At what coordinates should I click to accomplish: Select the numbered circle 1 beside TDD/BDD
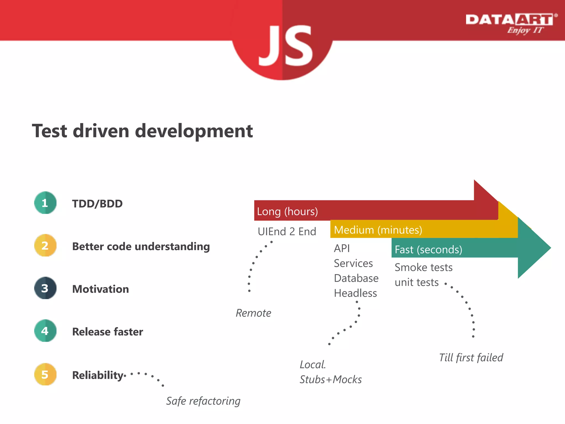coord(45,203)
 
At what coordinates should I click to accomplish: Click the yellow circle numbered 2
coord(45,245)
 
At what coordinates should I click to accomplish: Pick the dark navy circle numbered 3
coord(45,288)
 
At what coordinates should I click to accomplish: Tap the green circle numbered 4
coord(45,331)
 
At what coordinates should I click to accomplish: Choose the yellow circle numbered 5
coord(45,374)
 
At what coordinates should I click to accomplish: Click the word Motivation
coord(100,289)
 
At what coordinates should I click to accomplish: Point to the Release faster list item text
coord(108,332)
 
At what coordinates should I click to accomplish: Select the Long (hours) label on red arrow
coord(287,211)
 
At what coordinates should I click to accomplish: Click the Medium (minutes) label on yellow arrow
coord(378,230)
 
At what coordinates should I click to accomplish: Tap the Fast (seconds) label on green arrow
coord(428,250)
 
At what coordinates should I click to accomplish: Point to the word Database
coord(356,278)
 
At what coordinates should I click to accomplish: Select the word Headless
coord(355,293)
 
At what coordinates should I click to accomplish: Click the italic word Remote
coord(253,313)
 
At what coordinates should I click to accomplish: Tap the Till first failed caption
coord(471,357)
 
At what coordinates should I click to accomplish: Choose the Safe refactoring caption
coord(203,401)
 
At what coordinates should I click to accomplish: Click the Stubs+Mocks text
coord(331,380)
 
